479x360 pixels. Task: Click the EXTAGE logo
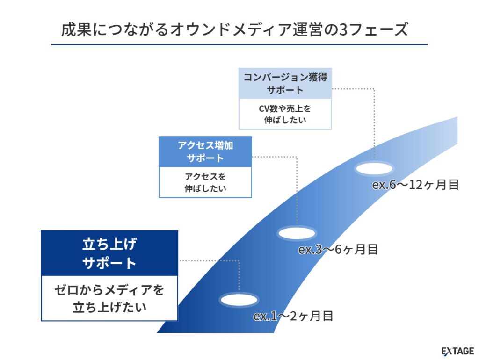(457, 351)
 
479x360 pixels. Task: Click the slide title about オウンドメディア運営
(234, 29)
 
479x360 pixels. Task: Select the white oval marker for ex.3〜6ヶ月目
(298, 232)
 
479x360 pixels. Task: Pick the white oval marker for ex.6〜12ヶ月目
(374, 169)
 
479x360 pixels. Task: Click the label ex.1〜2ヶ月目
(293, 316)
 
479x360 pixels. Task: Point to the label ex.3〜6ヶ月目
(338, 249)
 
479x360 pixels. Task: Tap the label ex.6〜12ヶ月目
(415, 184)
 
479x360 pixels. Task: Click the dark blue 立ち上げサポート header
(109, 253)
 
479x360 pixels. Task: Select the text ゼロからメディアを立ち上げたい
(109, 298)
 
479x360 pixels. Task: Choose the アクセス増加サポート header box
(205, 151)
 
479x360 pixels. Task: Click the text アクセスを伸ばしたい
(205, 182)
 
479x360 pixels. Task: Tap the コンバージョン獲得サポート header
(285, 83)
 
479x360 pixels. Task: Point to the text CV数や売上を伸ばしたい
(285, 114)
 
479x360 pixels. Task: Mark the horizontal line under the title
(239, 44)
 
